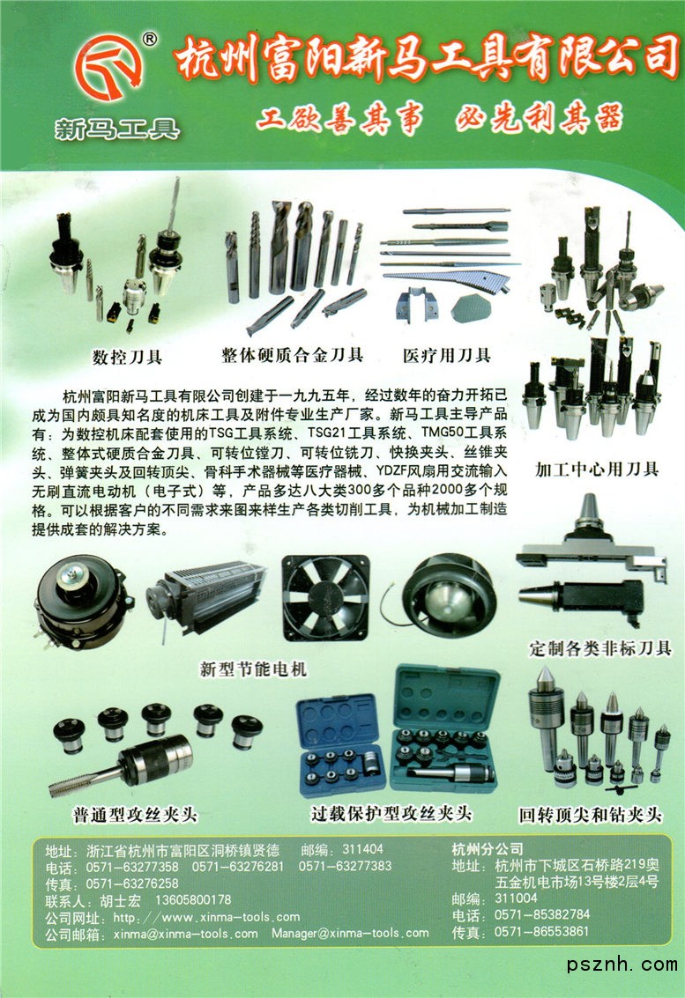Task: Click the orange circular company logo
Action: [108, 67]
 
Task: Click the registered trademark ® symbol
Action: [149, 40]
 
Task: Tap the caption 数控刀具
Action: [128, 357]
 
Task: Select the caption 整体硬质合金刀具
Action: [293, 354]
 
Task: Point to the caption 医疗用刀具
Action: [447, 354]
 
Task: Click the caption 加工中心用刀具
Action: [597, 469]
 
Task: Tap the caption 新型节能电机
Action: [254, 669]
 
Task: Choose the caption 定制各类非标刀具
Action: [600, 648]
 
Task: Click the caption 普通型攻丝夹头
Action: [135, 815]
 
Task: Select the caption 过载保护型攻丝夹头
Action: [391, 813]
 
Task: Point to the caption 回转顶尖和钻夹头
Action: [590, 815]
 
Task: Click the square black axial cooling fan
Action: [325, 596]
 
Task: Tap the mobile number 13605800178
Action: [193, 900]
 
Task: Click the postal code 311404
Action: [362, 848]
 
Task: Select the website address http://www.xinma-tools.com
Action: [206, 917]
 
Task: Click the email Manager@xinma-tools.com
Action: [350, 933]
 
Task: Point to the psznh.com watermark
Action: [622, 965]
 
